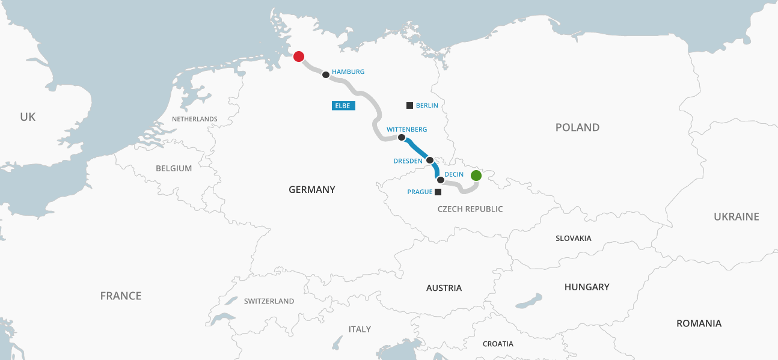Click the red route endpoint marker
point(298,56)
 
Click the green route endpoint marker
point(476,175)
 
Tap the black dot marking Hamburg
point(326,75)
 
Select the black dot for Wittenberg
point(402,138)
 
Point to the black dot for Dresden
point(430,160)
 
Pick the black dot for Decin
point(441,180)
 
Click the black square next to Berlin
point(410,105)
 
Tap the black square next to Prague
point(438,192)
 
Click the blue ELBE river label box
point(343,106)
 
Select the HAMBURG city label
point(348,72)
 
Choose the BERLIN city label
point(427,106)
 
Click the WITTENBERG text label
point(406,129)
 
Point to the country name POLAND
point(577,127)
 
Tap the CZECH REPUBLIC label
point(470,209)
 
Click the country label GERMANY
point(311,189)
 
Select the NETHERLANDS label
point(194,119)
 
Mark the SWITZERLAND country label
point(269,301)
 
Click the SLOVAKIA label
point(573,238)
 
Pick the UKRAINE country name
point(736,216)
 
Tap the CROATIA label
point(498,344)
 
